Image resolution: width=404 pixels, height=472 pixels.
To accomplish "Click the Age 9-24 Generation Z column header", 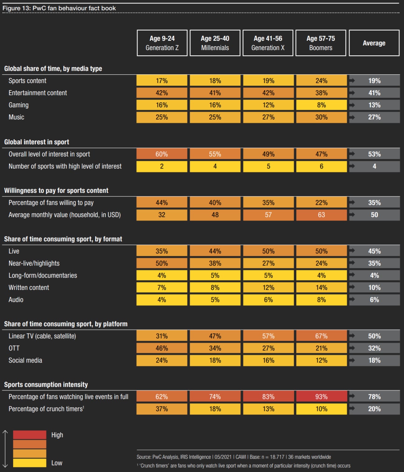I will [x=162, y=43].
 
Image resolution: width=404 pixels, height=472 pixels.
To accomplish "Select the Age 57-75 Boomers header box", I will [x=321, y=43].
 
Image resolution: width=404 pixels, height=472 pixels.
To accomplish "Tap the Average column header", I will [x=374, y=43].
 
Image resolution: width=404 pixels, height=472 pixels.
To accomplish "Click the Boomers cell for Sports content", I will [x=321, y=81].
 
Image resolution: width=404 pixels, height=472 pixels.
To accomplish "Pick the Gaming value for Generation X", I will [x=268, y=105].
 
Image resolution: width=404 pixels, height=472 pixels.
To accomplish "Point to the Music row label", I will [x=16, y=117].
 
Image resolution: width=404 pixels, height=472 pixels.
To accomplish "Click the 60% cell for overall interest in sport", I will [x=162, y=154].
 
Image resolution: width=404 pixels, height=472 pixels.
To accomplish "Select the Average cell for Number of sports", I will [x=374, y=166].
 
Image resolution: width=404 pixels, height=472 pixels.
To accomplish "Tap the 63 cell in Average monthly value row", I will [x=321, y=215].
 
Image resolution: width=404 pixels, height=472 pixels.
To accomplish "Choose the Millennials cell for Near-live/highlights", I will [x=215, y=263].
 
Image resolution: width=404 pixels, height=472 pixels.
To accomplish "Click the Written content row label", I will [x=29, y=288].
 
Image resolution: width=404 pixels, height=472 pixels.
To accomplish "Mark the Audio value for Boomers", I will [x=321, y=300].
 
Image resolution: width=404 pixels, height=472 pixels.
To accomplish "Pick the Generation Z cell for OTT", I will [x=162, y=348].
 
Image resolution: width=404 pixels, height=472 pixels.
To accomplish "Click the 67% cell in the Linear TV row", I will [x=321, y=336].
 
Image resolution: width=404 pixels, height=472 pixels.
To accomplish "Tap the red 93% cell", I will [x=321, y=397].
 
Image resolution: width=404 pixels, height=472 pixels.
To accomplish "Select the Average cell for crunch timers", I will [x=374, y=409].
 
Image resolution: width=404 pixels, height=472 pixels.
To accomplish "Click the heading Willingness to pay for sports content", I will [x=56, y=191].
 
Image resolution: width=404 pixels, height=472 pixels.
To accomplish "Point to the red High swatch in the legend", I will [x=30, y=435].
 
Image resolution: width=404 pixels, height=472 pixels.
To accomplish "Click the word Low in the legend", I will [x=57, y=463].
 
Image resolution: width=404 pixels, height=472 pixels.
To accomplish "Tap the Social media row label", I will [x=25, y=360].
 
